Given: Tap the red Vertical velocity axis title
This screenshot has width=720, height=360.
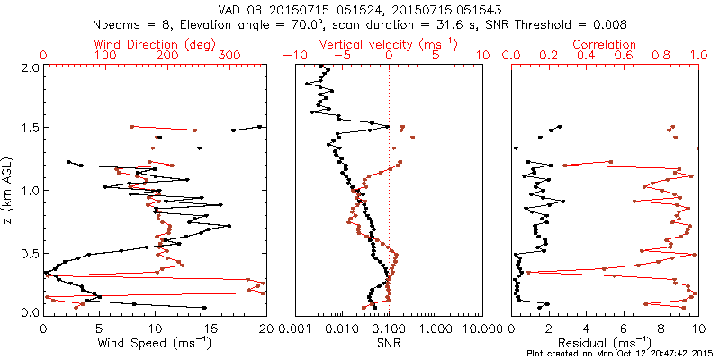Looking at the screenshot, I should pos(388,44).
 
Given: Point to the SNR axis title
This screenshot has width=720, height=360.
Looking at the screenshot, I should pos(388,342).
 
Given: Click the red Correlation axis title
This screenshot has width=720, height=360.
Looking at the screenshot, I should pos(605,44).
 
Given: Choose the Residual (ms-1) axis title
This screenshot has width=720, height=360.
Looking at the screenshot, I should pos(605,342).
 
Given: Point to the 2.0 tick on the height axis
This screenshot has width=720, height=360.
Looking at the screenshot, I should pos(30,67).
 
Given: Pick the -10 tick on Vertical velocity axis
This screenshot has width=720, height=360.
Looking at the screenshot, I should pos(292,56).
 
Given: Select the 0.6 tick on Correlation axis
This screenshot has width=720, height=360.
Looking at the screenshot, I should pos(624,56).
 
